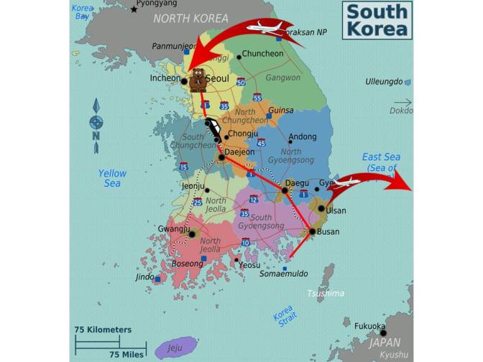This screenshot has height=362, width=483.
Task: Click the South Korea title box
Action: [377, 20]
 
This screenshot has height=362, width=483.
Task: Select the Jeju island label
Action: [175, 347]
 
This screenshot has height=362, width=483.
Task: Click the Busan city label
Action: [328, 232]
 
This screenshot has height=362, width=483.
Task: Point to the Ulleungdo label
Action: [384, 82]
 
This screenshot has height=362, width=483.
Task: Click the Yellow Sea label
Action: [112, 178]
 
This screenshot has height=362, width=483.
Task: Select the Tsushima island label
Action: [325, 293]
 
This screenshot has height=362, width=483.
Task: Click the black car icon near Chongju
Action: [213, 131]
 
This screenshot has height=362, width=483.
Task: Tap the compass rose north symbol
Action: [96, 123]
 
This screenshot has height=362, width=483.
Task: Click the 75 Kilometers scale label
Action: [103, 330]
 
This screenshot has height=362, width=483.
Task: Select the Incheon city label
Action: [165, 78]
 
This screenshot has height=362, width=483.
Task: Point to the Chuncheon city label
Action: [262, 54]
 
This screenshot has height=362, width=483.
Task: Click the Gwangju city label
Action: [172, 230]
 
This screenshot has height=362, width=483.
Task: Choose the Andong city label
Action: [303, 137]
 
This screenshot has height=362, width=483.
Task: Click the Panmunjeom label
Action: [173, 46]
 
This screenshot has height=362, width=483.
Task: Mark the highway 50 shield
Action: [241, 83]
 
